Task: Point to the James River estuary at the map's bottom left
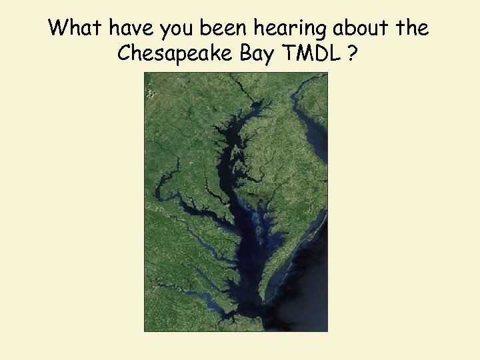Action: click(200, 303)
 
